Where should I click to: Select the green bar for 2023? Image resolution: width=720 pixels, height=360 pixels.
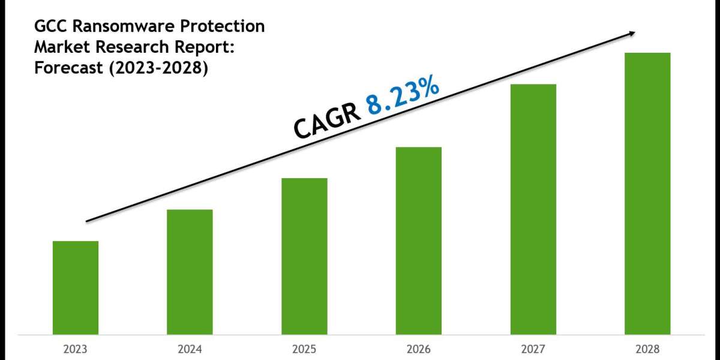click(x=76, y=287)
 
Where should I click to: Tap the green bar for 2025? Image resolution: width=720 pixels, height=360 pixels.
click(x=304, y=256)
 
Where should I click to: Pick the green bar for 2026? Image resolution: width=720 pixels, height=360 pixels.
click(x=419, y=241)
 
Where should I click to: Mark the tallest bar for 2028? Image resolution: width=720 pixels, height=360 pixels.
click(x=647, y=193)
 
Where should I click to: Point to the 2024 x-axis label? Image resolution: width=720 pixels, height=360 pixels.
click(x=190, y=348)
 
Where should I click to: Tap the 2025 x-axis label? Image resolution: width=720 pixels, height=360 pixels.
click(x=304, y=348)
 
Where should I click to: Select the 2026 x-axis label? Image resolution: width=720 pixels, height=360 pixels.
click(x=419, y=348)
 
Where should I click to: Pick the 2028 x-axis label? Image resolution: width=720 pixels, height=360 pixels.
click(x=647, y=348)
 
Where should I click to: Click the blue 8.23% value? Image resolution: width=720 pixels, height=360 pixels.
click(x=404, y=95)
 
